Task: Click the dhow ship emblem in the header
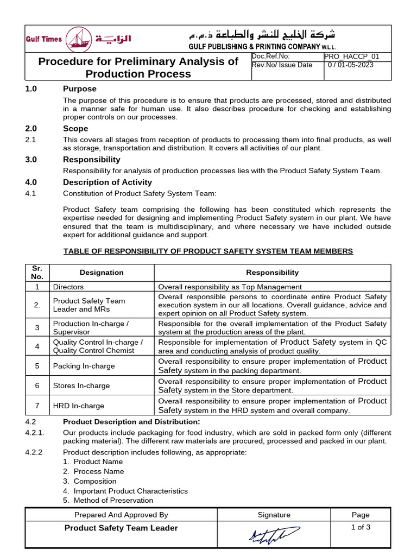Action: point(79,40)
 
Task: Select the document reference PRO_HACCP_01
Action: point(351,56)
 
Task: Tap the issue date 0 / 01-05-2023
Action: point(351,65)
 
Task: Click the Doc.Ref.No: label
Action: point(271,56)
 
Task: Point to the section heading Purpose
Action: point(79,89)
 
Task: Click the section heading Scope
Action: point(75,129)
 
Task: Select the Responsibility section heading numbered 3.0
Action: point(91,160)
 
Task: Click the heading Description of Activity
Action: point(108,182)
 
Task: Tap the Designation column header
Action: point(102,273)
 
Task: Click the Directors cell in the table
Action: point(68,287)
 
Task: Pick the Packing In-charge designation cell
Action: point(84,366)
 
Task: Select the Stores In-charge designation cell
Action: point(81,386)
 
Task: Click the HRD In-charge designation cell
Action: point(78,406)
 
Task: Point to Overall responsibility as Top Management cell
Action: point(230,287)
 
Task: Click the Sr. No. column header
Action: point(37,273)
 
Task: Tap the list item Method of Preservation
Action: point(113,501)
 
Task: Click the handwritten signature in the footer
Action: point(274,535)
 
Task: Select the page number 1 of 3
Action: point(361,527)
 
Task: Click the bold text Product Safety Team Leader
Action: point(121,528)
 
